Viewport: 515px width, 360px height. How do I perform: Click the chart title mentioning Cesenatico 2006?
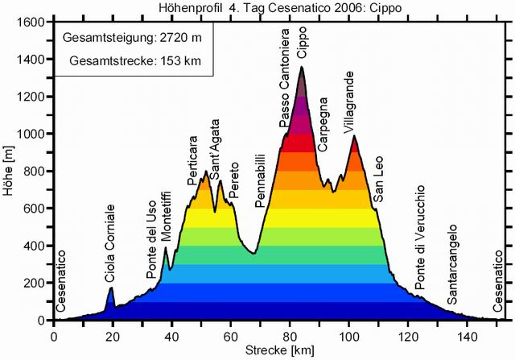pyautogui.click(x=257, y=8)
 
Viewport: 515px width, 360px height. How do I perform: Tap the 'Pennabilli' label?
pyautogui.click(x=259, y=180)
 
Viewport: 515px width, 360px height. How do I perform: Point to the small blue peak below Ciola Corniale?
pyautogui.click(x=111, y=298)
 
